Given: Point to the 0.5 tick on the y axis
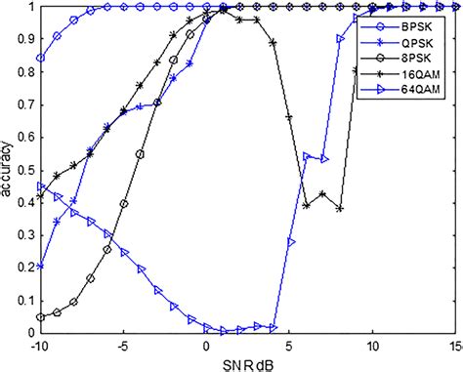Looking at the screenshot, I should point(25,170).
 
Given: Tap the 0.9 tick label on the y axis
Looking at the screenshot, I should point(25,40).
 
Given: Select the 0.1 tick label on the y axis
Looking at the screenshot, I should point(25,301).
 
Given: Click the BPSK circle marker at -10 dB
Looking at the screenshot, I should point(40,59).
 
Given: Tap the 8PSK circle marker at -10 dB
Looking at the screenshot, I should point(40,317).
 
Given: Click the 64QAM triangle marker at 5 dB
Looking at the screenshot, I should point(290,241).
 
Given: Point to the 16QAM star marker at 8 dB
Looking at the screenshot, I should point(340,209).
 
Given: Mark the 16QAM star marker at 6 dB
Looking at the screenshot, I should point(307,206).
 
